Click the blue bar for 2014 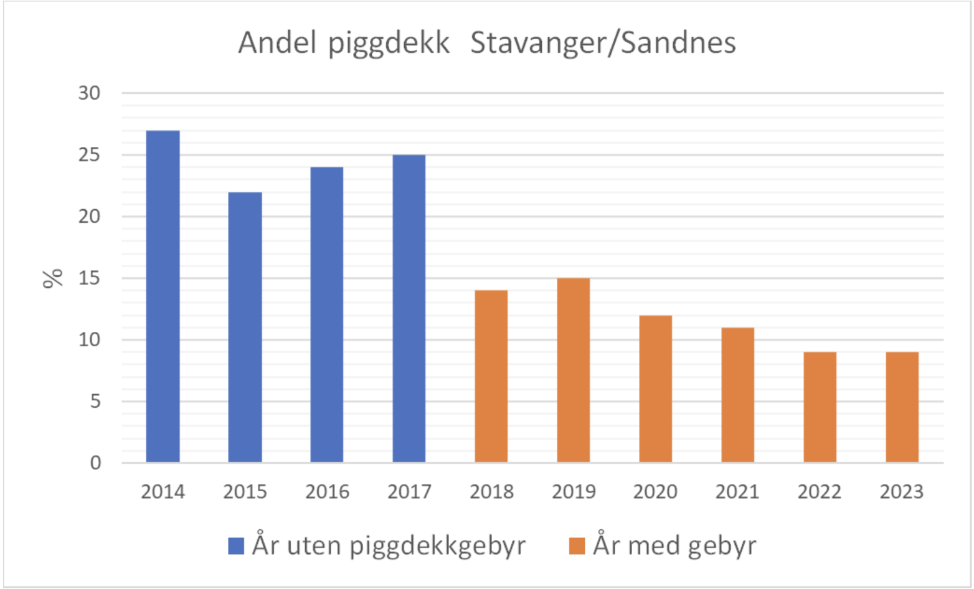[163, 296]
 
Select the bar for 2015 [245, 327]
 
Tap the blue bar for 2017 [409, 308]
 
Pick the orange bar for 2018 [491, 376]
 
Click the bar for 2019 [574, 370]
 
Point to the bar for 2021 [738, 395]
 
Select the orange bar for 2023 [902, 407]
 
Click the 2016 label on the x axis [327, 492]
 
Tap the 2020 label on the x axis [655, 492]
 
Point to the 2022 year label [820, 492]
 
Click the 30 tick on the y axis [89, 93]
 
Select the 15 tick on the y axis [89, 278]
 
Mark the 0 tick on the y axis [95, 463]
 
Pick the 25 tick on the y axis [89, 155]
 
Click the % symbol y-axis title [54, 278]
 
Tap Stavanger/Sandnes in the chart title [603, 44]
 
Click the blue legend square [236, 546]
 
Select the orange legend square [577, 546]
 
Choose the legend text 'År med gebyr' [674, 546]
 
